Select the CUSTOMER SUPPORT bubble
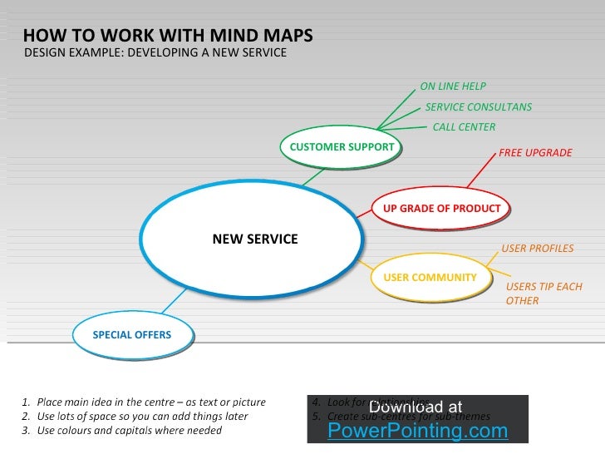[341, 147]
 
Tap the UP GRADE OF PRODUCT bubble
[441, 209]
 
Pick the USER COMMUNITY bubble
[430, 278]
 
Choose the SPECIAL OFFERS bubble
[131, 335]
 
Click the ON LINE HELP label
[453, 86]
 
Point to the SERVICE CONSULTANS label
[478, 107]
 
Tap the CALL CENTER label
[464, 127]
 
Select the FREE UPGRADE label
[535, 154]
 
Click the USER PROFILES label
[537, 249]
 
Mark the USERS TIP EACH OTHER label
[544, 294]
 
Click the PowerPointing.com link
[417, 431]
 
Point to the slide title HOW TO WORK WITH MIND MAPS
[168, 36]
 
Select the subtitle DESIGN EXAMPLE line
[155, 53]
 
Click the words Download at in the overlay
[415, 407]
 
